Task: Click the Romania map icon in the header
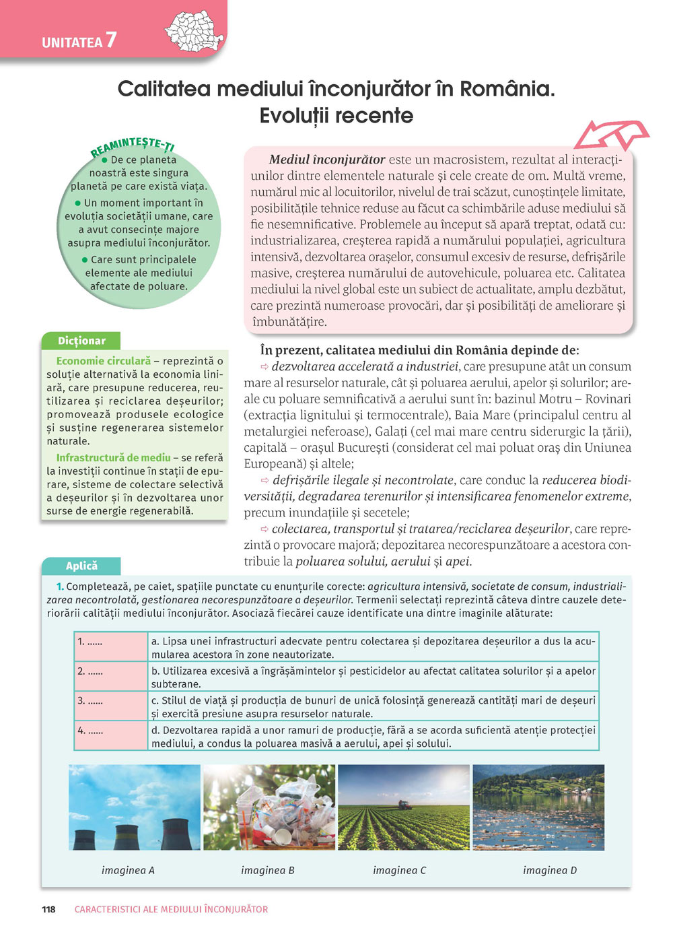click(194, 31)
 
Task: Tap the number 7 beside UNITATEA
click(111, 40)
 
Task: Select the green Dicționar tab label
click(81, 341)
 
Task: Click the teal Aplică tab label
click(81, 566)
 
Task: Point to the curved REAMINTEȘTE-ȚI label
click(133, 146)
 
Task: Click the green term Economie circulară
click(103, 361)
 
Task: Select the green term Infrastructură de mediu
click(113, 458)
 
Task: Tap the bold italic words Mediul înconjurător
click(327, 160)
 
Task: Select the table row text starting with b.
click(373, 677)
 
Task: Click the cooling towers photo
click(135, 807)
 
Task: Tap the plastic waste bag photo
click(269, 807)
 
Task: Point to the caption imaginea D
click(550, 870)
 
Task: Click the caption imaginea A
click(128, 870)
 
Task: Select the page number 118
click(48, 909)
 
